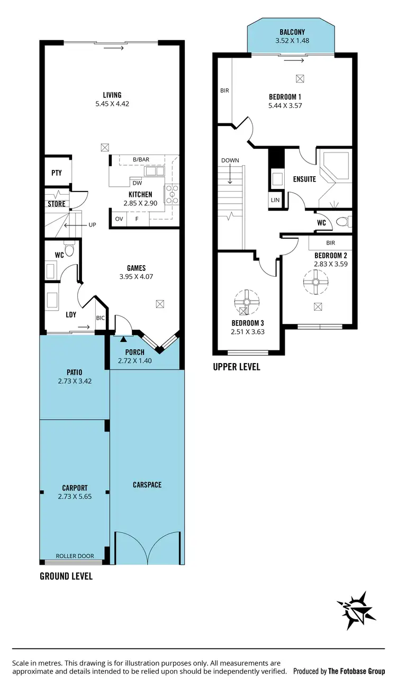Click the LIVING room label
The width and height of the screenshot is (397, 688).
click(112, 95)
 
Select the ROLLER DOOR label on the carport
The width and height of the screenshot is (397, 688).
click(75, 556)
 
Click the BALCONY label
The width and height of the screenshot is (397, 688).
click(292, 32)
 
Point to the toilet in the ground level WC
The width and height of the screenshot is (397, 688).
click(68, 249)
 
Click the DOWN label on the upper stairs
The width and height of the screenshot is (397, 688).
click(230, 160)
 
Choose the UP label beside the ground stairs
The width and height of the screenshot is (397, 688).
click(92, 224)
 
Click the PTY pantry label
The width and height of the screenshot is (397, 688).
click(57, 173)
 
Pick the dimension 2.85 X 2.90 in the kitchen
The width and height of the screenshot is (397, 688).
click(140, 203)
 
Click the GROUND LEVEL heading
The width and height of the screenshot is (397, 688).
click(66, 576)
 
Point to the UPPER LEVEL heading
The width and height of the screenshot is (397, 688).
click(237, 367)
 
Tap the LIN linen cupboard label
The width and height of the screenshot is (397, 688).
click(275, 200)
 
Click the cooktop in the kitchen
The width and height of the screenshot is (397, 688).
click(172, 194)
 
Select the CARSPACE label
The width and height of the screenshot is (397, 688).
click(147, 485)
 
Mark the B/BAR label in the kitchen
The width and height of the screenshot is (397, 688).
click(141, 159)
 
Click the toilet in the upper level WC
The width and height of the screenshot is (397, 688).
click(341, 221)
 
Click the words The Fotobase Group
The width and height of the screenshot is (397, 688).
click(356, 671)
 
